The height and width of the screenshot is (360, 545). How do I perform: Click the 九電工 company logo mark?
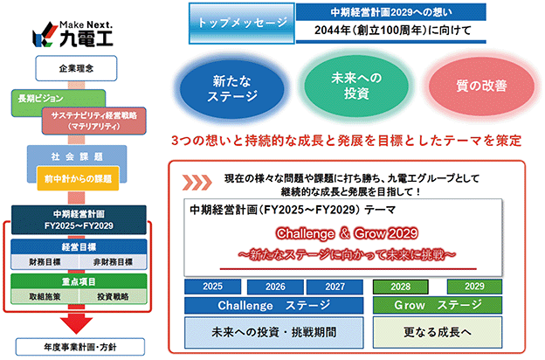click(x=45, y=34)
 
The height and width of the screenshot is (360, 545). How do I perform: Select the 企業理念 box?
click(x=76, y=68)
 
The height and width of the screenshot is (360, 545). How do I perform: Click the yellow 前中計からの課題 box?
click(x=78, y=178)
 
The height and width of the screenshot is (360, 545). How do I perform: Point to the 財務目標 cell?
click(x=45, y=262)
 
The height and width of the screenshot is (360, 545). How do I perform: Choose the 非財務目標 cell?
click(x=113, y=262)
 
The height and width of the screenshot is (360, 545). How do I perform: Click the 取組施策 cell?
click(x=45, y=296)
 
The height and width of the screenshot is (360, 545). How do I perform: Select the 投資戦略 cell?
click(x=113, y=296)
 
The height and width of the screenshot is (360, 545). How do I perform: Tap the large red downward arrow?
click(x=77, y=322)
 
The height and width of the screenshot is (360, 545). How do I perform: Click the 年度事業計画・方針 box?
click(x=80, y=347)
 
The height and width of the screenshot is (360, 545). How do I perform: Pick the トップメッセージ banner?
click(x=242, y=24)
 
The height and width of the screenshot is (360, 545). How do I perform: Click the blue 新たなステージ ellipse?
click(x=231, y=89)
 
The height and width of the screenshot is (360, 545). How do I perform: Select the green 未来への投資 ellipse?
click(x=356, y=86)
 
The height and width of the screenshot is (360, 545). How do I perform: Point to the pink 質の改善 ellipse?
click(x=481, y=86)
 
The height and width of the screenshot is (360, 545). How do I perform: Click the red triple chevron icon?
click(x=197, y=183)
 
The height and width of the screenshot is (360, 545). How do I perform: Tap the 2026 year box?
click(x=275, y=287)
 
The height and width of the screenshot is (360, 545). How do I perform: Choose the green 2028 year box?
click(x=400, y=287)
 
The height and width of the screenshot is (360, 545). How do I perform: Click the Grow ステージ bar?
click(x=438, y=305)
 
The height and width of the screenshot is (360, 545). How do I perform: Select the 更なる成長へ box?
click(x=438, y=332)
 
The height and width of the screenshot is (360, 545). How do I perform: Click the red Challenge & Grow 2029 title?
click(x=347, y=233)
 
